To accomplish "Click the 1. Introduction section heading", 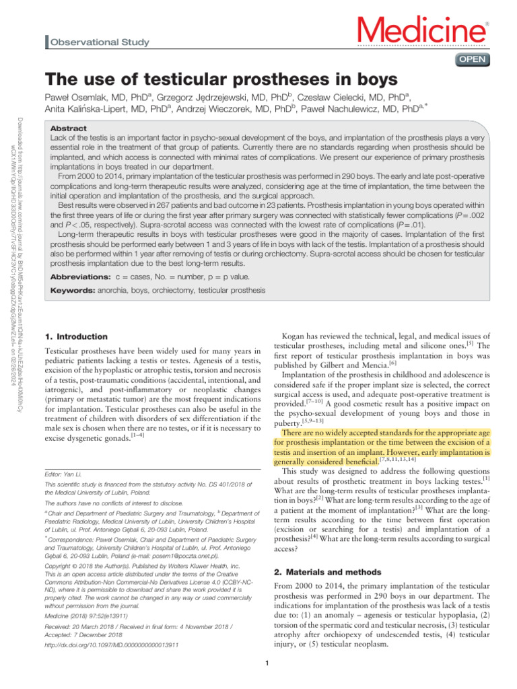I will click(75, 336).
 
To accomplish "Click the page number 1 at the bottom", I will click(267, 666).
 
